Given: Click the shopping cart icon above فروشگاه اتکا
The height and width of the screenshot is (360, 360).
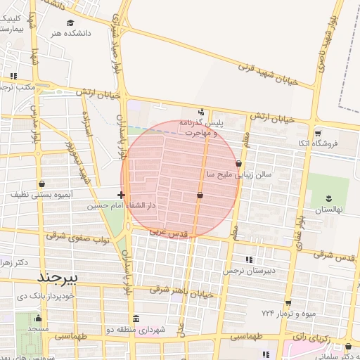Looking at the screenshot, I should point(318,133).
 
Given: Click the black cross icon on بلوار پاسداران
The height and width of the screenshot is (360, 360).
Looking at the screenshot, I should point(122,195).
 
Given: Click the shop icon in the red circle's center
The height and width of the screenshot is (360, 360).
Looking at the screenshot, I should point(200,195).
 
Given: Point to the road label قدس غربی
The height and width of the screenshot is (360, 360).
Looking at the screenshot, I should point(168,230).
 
